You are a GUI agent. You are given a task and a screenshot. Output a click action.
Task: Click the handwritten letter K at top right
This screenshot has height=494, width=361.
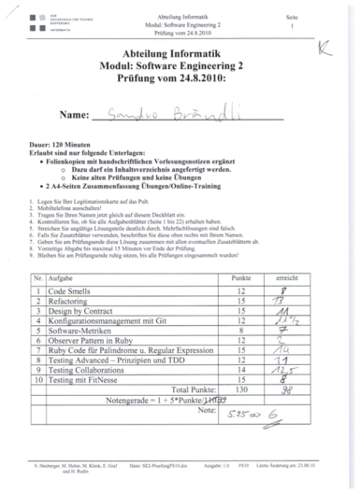[x=324, y=45]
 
